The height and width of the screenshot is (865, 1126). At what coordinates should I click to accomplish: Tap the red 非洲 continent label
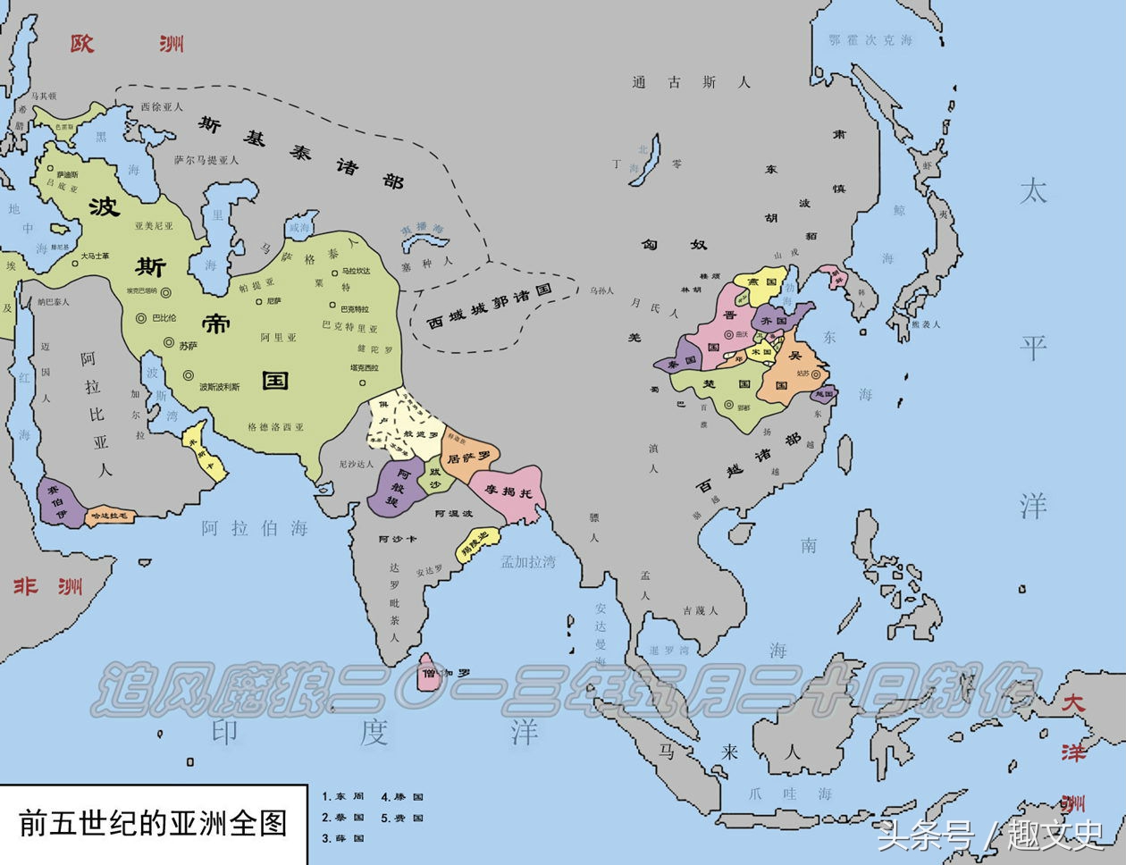(48, 586)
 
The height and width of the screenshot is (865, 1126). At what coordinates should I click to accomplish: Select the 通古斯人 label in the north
(691, 82)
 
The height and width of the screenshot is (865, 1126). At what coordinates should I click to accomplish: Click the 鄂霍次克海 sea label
(870, 40)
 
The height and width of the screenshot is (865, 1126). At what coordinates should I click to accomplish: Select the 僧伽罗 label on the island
(445, 672)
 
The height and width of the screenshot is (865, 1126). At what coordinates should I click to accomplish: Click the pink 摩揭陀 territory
(511, 491)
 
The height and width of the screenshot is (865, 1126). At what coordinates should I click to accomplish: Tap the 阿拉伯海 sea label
(254, 528)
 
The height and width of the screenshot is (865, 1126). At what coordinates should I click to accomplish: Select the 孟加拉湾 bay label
(527, 561)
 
